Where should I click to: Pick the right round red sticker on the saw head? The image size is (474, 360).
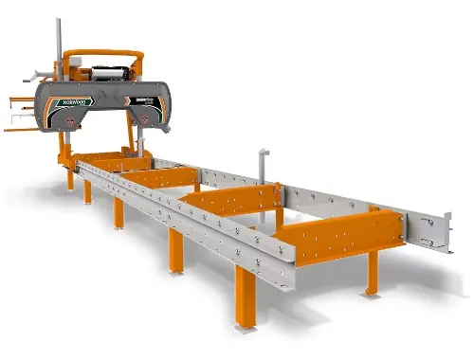(x=141, y=117)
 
